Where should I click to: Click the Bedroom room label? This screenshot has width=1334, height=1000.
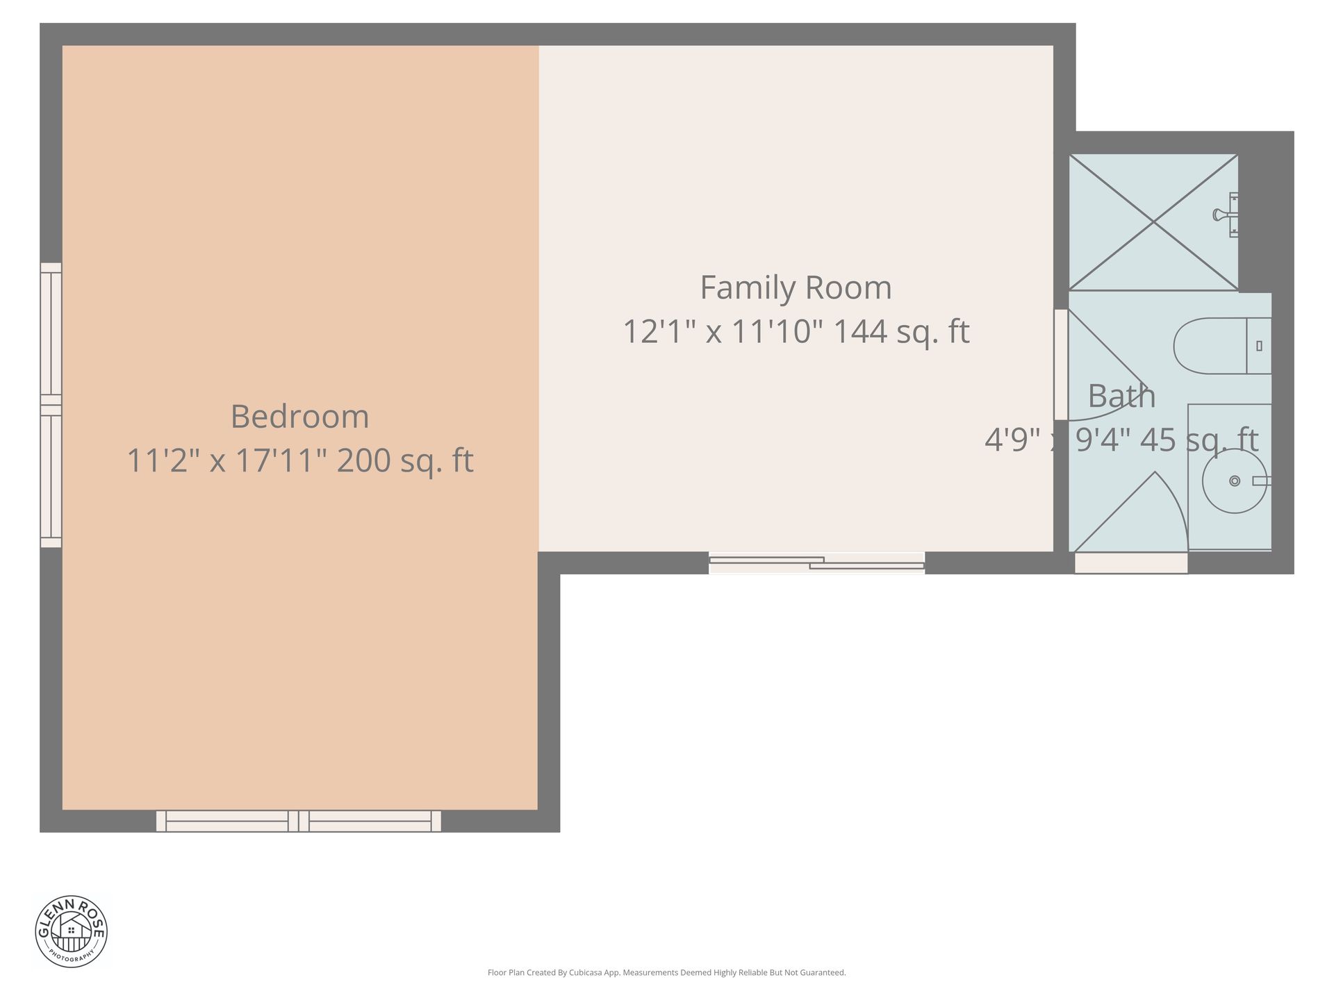click(x=299, y=417)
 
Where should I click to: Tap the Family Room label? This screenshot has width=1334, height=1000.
click(x=796, y=288)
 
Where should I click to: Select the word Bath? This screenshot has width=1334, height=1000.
click(x=1121, y=397)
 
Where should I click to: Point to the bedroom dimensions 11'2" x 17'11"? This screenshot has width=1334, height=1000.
click(x=227, y=460)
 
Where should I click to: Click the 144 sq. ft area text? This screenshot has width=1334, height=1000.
click(x=900, y=331)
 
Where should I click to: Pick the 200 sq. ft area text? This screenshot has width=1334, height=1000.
click(x=405, y=460)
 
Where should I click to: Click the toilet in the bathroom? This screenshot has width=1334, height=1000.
click(x=1222, y=346)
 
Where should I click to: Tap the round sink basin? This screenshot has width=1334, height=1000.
click(x=1235, y=481)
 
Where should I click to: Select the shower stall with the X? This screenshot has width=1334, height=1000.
click(x=1153, y=222)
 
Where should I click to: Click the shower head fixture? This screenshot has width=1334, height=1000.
click(x=1226, y=215)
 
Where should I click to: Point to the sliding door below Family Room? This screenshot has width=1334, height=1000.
click(x=816, y=562)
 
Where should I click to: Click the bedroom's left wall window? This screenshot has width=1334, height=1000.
click(x=51, y=405)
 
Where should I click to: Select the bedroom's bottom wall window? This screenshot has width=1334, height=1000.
click(x=299, y=821)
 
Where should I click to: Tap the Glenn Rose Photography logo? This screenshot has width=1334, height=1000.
click(x=72, y=931)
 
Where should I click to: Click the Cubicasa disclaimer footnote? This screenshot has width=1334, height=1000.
click(x=666, y=973)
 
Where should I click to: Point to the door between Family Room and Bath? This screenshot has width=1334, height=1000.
click(x=1061, y=365)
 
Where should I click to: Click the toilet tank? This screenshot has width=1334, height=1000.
click(x=1259, y=346)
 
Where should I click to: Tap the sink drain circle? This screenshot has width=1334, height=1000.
click(x=1235, y=481)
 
